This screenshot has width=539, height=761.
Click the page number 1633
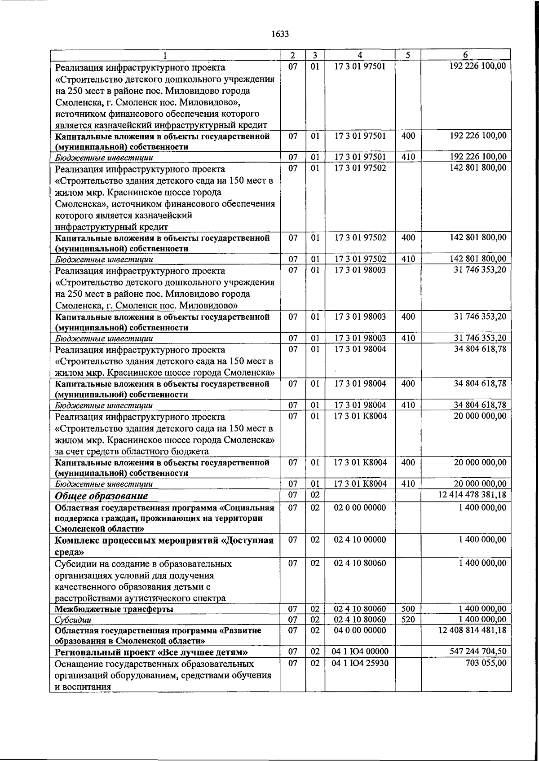tap(280, 34)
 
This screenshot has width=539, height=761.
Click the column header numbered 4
tap(360, 55)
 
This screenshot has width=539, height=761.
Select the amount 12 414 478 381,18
tap(472, 495)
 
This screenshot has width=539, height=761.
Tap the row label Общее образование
tap(102, 496)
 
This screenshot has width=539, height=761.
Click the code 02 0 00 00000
tap(360, 507)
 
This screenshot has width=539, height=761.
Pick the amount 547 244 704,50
tap(477, 651)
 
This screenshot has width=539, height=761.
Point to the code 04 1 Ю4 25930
tap(360, 663)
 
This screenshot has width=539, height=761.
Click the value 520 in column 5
tap(408, 620)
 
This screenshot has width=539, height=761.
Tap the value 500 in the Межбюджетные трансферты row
tap(408, 609)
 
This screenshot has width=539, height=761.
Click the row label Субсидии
tap(73, 620)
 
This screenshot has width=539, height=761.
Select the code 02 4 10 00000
tap(360, 540)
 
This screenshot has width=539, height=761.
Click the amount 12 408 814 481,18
tap(472, 630)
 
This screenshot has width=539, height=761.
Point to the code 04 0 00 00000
tap(360, 630)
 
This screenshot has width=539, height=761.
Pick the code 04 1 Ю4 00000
tap(360, 651)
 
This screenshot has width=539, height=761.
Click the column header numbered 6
tap(465, 55)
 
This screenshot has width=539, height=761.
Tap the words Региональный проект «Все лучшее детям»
tap(151, 652)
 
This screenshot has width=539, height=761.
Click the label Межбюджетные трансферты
tap(114, 609)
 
